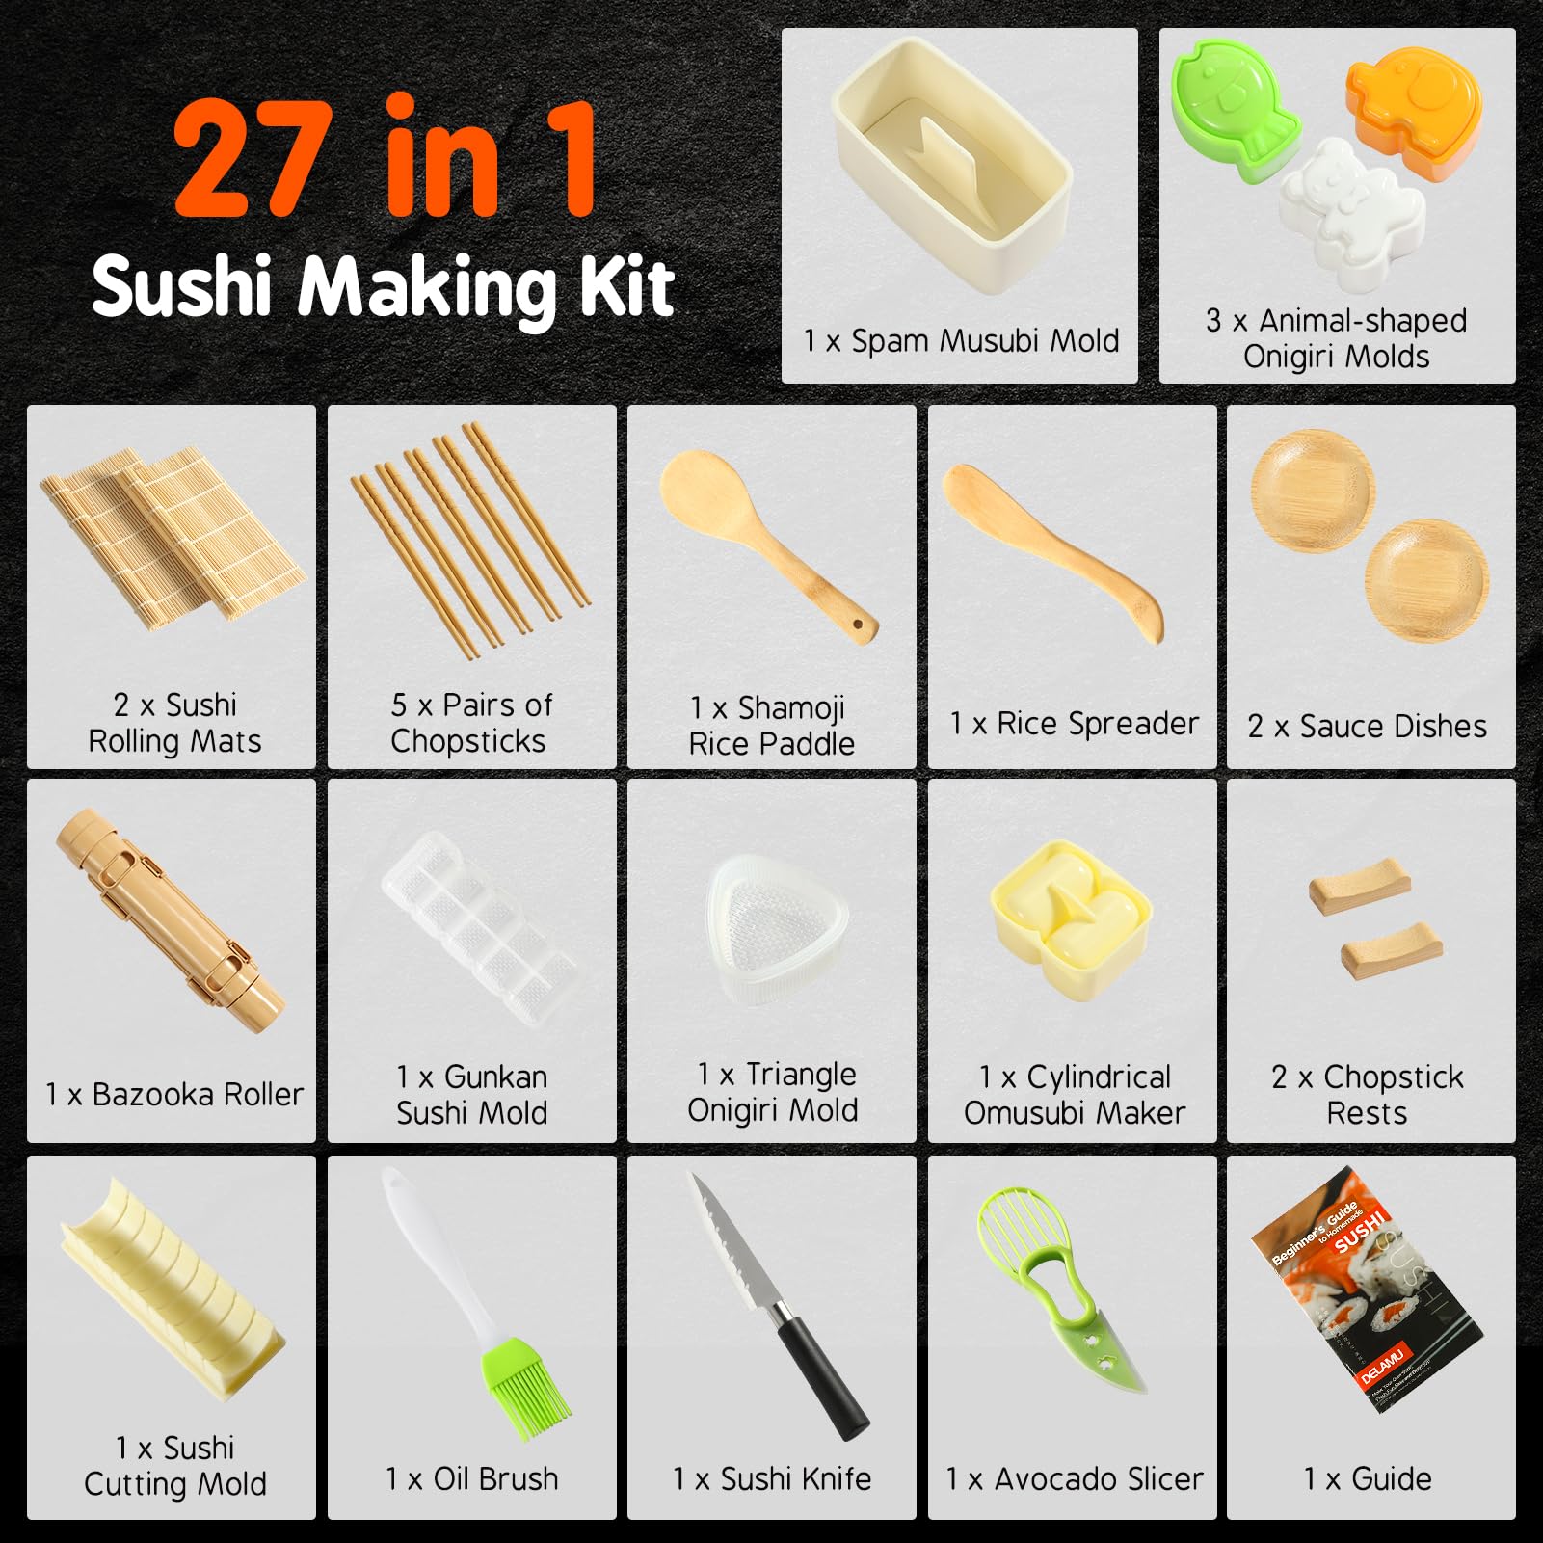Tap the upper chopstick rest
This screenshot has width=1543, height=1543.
(1359, 885)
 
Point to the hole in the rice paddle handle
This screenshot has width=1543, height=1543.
(857, 625)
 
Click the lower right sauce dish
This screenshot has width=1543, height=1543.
(1425, 578)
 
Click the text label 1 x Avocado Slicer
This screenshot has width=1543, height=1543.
(1074, 1478)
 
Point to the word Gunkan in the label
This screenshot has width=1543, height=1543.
(495, 1077)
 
